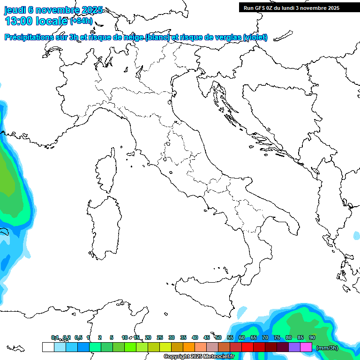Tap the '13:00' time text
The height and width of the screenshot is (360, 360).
coord(19,21)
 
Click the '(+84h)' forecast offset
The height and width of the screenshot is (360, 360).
coord(81,21)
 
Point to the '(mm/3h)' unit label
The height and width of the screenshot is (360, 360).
coord(327,347)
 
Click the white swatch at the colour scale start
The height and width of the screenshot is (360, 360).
coord(48,347)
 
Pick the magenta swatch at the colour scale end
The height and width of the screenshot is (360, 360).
coord(306,347)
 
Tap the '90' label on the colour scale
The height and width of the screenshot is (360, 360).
coord(312,337)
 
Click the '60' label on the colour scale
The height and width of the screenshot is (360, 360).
coord(242,337)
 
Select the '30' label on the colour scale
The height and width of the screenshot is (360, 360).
coord(172,337)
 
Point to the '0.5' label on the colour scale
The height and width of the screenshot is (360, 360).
coord(78,337)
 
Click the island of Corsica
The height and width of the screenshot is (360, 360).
coord(107,171)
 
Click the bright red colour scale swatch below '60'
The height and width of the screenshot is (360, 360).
coord(247,347)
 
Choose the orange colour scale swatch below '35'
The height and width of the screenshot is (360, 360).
coord(189,347)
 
